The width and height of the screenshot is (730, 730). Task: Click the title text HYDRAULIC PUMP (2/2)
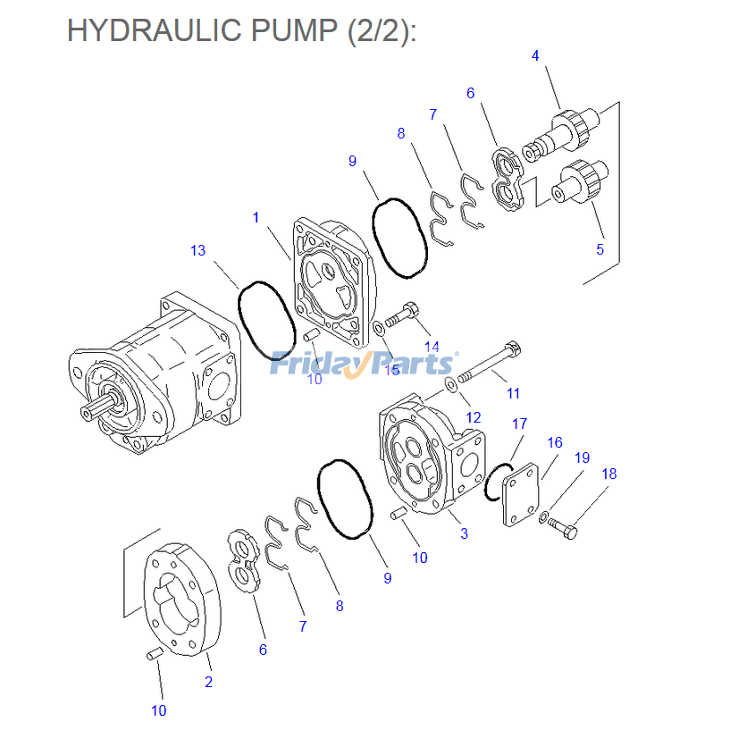coord(242,30)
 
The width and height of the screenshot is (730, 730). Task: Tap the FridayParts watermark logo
coord(362,363)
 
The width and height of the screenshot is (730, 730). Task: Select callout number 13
coord(197,250)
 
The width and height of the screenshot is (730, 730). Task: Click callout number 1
coord(256,217)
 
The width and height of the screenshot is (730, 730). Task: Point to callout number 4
coord(535,55)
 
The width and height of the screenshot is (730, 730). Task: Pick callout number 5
coord(600,249)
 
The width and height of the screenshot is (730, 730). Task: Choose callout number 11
coord(513,392)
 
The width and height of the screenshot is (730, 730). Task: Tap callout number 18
coord(608,474)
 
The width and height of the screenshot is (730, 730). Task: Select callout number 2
coord(208,682)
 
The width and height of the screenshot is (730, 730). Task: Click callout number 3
coord(464,534)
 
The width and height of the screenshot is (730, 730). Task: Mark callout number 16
coord(555,442)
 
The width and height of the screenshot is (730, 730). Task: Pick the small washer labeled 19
coord(544,516)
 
